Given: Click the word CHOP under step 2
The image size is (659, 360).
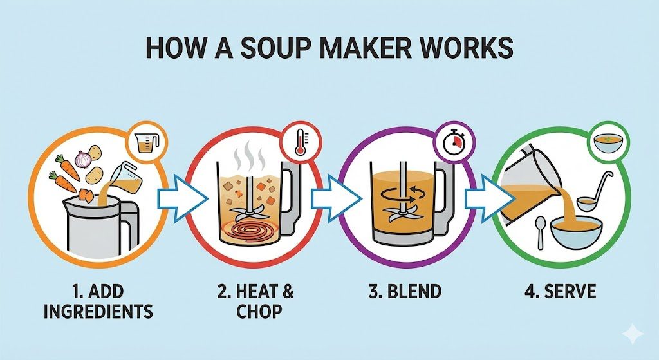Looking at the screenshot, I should [x=259, y=312].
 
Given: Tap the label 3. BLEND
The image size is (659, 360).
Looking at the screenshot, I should [x=405, y=291].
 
